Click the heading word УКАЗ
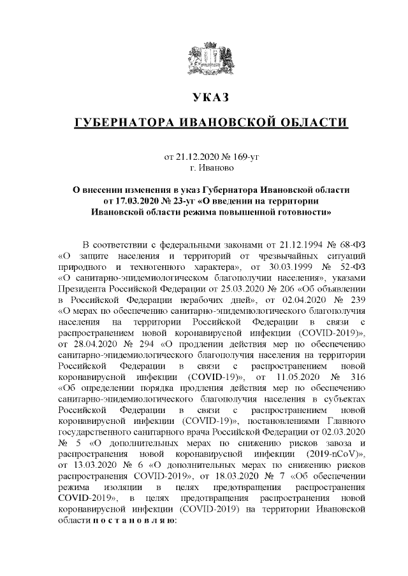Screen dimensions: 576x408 pos(208,99)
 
